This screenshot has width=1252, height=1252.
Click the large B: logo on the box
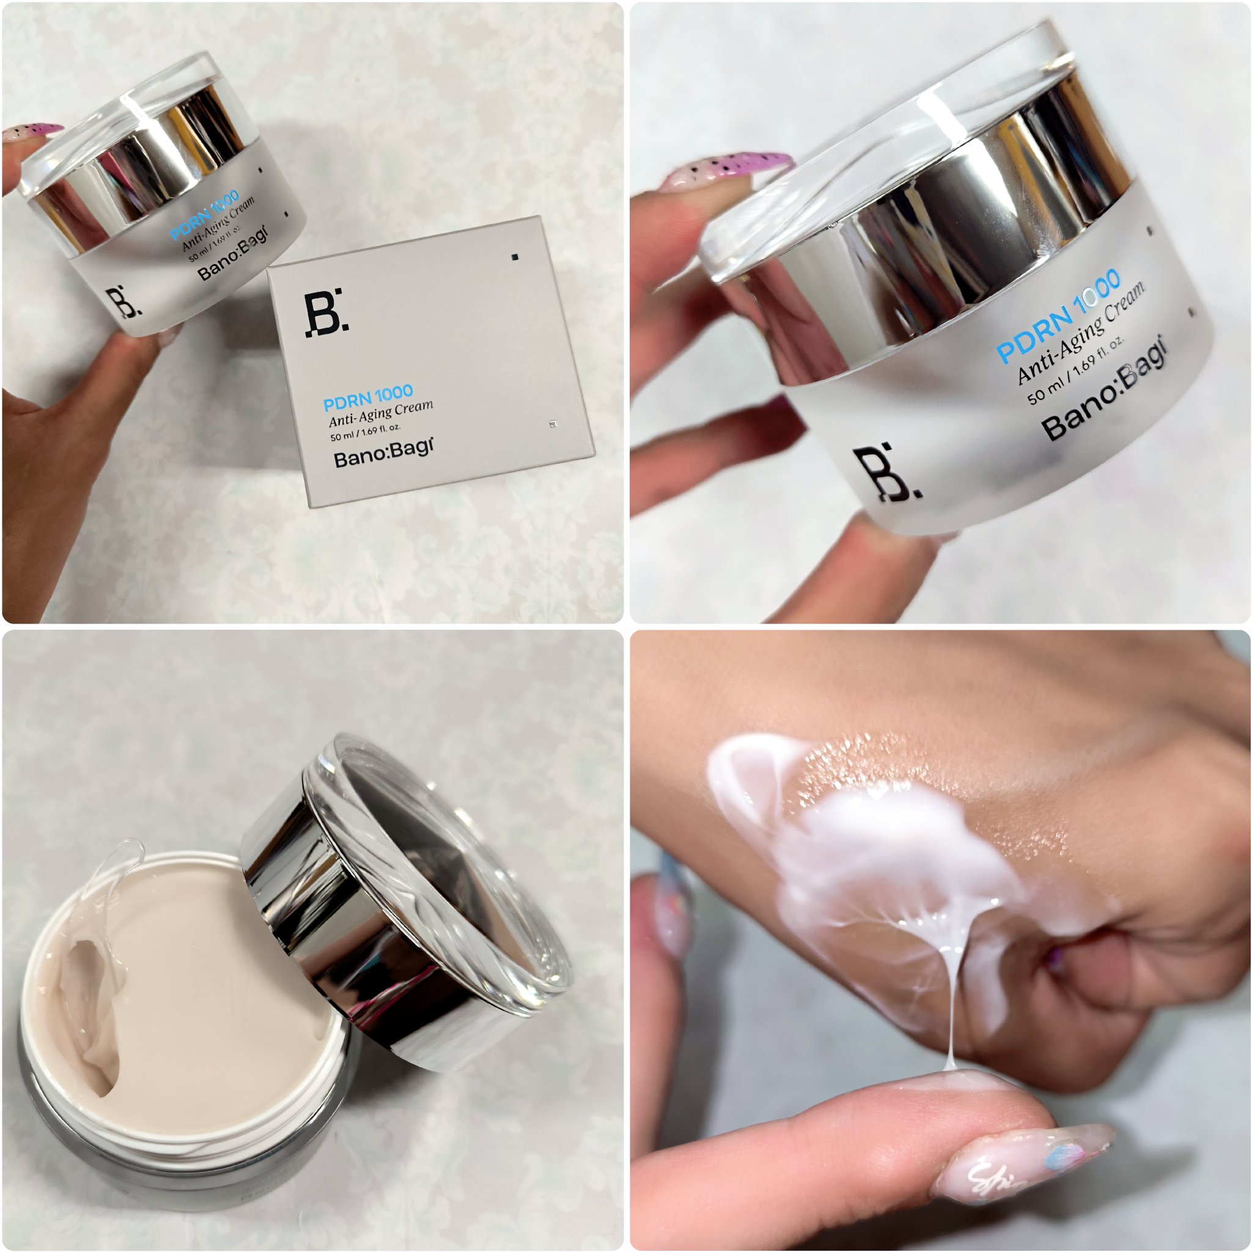[326, 314]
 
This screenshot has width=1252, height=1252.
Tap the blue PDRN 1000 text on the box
[367, 398]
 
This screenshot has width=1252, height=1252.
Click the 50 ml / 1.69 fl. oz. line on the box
[366, 432]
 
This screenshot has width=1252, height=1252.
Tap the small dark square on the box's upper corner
[515, 257]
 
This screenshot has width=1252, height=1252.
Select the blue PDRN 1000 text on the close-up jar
[1058, 315]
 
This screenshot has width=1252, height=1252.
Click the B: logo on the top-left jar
[122, 302]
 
